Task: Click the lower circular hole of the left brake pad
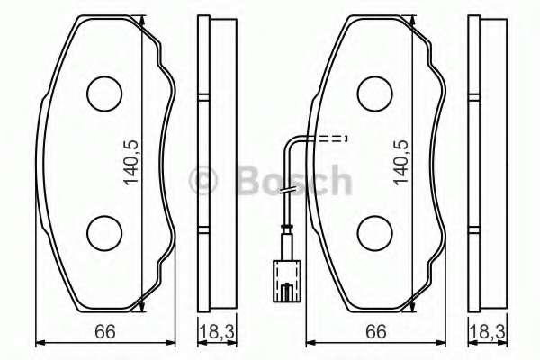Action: (103, 234)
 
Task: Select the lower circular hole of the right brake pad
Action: (374, 234)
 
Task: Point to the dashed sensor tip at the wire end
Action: (335, 139)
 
